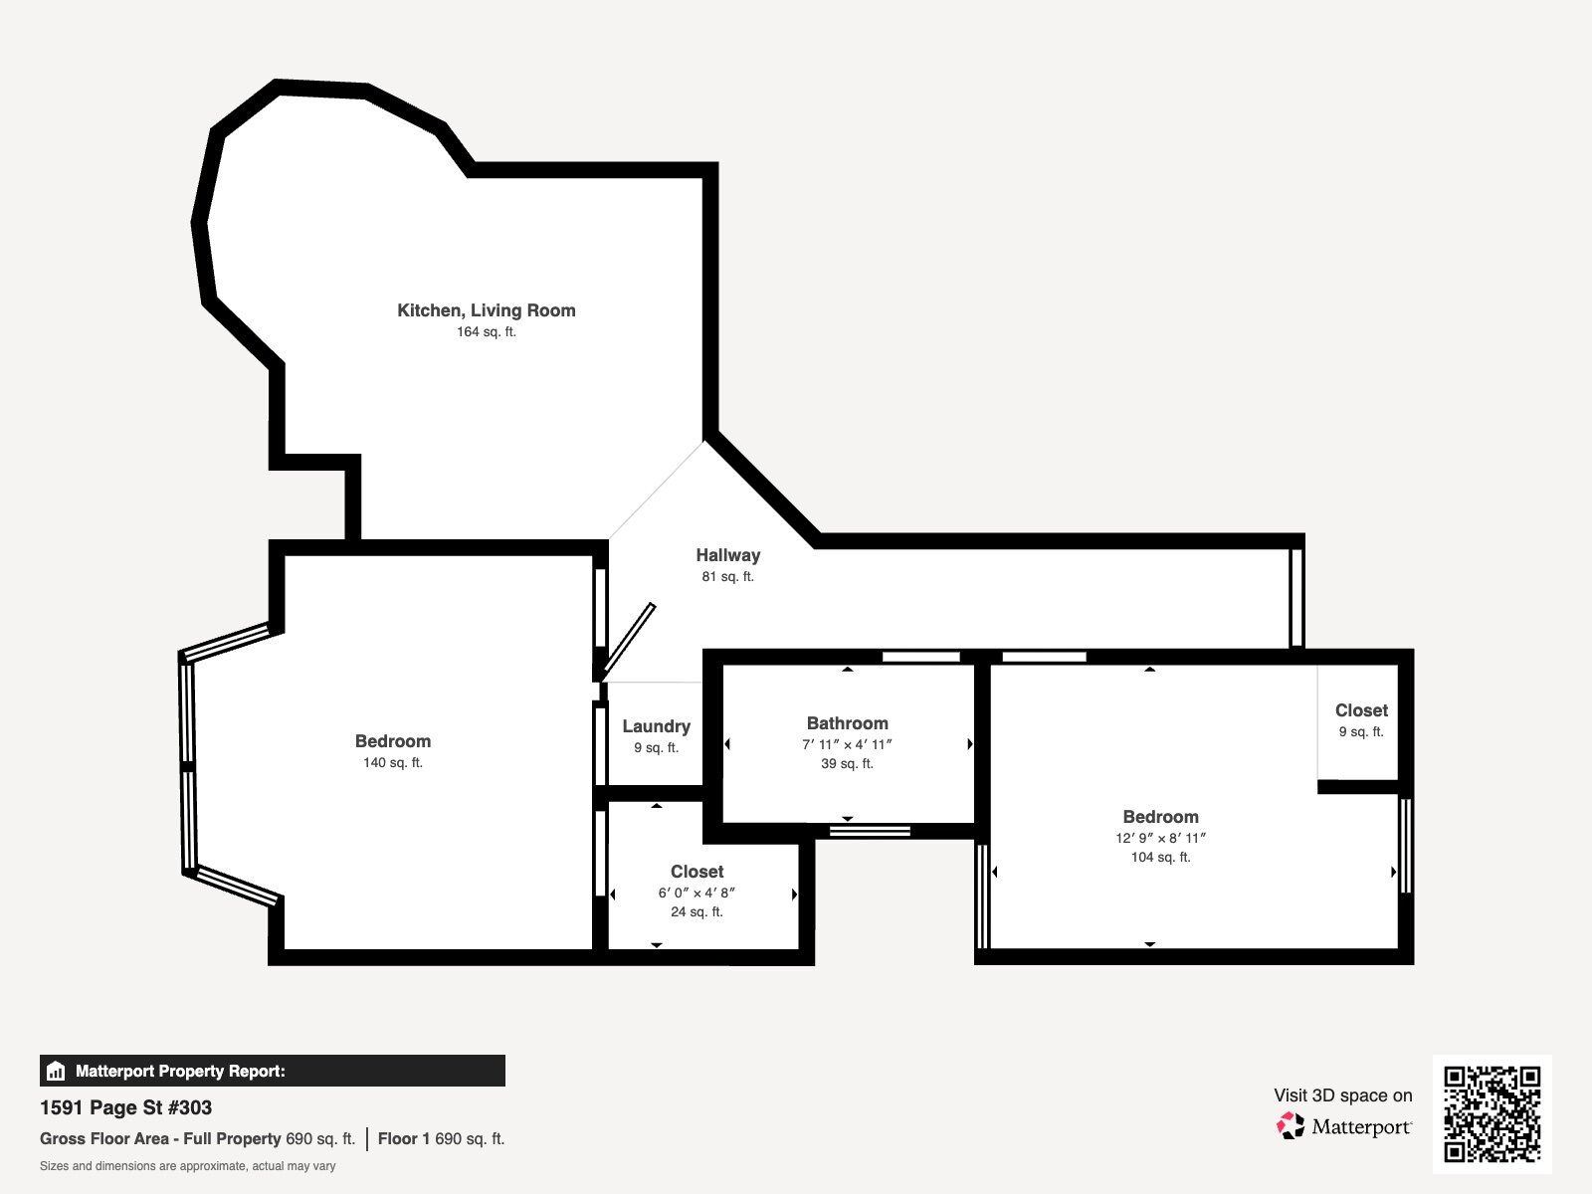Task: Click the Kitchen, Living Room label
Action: click(x=486, y=310)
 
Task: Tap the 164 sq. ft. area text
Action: click(x=486, y=332)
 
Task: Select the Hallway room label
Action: click(x=728, y=555)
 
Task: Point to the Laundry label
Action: click(x=657, y=726)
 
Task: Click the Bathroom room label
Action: click(x=847, y=722)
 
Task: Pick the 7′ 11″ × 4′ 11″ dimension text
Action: click(x=847, y=744)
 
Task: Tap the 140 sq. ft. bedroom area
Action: click(x=392, y=762)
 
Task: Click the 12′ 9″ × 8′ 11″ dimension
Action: click(x=1160, y=838)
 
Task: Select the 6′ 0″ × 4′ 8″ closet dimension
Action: click(x=696, y=894)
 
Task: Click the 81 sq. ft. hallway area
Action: click(x=727, y=577)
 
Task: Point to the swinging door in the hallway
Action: click(x=628, y=642)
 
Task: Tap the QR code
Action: click(x=1492, y=1114)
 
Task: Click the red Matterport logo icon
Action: click(x=1291, y=1126)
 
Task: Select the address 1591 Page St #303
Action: click(x=125, y=1107)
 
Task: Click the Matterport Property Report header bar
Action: click(x=272, y=1071)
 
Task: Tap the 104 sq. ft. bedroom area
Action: click(x=1160, y=858)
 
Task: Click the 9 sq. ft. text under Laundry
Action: click(x=657, y=748)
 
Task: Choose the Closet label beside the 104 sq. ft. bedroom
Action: click(x=1361, y=710)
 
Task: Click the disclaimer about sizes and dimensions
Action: click(x=187, y=1166)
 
